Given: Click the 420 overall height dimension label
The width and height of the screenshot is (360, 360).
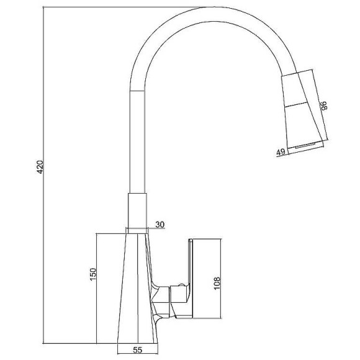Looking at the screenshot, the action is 40,167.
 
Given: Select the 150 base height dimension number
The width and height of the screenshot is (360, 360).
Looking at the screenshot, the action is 93,274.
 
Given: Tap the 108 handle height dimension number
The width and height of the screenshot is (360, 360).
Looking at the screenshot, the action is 217,283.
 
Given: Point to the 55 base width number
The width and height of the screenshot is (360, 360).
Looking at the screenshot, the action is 138,349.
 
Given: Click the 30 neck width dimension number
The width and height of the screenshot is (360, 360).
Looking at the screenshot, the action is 160,224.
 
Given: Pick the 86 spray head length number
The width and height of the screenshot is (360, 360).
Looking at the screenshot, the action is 323,106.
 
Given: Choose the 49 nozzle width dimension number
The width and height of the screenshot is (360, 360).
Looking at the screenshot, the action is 281,152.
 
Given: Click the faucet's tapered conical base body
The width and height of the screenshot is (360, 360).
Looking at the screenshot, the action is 138,289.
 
